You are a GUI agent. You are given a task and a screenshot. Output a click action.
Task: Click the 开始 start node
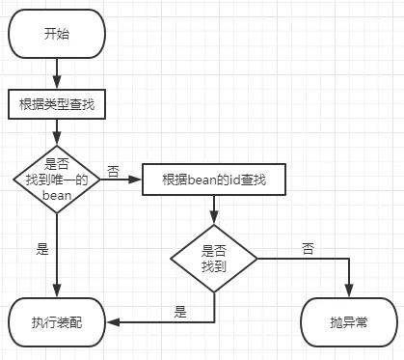tap(57, 34)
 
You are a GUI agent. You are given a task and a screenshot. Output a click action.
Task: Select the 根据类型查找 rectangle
tap(57, 102)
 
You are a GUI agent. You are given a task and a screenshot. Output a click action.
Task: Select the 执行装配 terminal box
tap(57, 319)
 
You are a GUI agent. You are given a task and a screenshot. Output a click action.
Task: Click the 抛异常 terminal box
tap(348, 319)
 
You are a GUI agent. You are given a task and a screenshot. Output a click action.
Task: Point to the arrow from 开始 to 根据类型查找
tap(57, 72)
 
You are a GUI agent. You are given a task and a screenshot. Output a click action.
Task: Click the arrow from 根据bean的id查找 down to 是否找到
tap(214, 208)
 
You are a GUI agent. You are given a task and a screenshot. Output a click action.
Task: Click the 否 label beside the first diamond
tap(113, 171)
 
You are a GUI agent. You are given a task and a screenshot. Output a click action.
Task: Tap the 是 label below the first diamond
tap(41, 249)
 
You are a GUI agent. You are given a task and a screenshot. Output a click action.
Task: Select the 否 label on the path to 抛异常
tap(308, 248)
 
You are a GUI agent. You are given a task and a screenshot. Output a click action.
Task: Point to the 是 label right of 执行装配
tap(179, 311)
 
